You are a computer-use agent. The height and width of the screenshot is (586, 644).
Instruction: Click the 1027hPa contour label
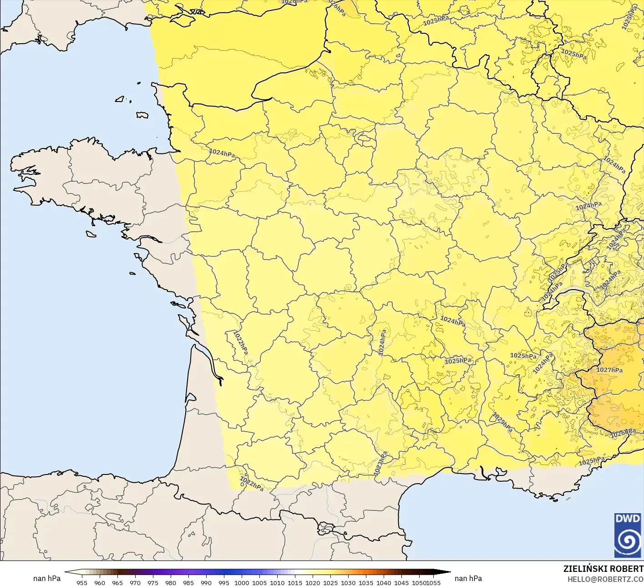(609, 370)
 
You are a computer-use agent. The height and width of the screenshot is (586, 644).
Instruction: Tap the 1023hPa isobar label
(380, 464)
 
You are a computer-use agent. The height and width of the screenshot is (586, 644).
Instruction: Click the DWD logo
(628, 535)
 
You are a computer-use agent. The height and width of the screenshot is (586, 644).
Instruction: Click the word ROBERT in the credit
(627, 569)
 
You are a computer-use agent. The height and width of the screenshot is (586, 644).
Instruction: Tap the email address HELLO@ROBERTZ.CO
(605, 579)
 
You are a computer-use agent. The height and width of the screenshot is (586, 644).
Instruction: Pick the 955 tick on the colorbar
(82, 582)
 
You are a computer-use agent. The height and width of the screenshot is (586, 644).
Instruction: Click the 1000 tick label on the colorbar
(242, 582)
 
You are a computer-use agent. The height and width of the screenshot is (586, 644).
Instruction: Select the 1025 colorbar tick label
(330, 582)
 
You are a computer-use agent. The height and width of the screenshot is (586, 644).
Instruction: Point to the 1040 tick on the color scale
(384, 582)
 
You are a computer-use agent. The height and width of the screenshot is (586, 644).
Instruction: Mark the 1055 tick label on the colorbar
(434, 582)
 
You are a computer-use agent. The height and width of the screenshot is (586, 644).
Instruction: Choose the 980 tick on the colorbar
(171, 582)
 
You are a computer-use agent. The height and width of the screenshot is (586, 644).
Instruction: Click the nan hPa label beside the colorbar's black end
(468, 578)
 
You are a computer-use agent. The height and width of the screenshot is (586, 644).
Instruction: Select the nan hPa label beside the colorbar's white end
(47, 578)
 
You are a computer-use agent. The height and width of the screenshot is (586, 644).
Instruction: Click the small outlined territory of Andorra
(325, 529)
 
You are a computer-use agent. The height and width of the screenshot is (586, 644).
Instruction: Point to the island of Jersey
(142, 115)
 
